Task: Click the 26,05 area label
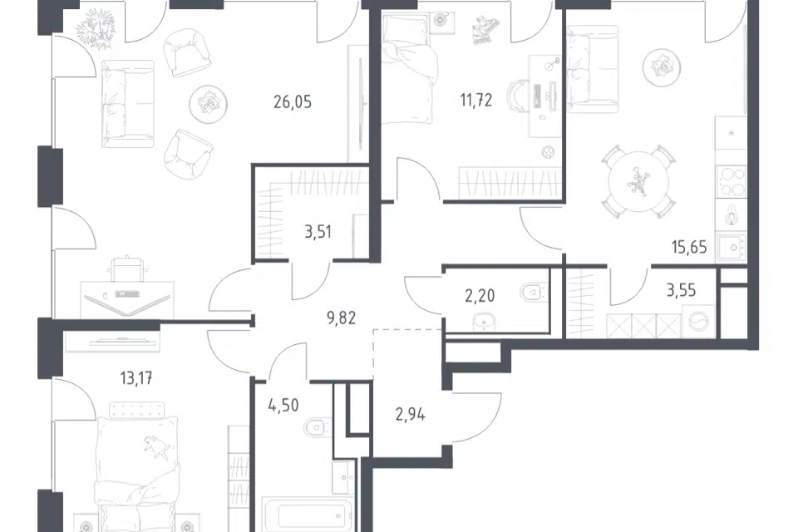[292, 102]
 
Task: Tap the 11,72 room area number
[475, 101]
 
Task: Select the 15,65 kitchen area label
[689, 248]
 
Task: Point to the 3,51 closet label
[318, 232]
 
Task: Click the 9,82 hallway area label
[341, 318]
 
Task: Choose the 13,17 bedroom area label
[136, 378]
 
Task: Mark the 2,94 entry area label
[410, 415]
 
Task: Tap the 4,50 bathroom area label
[283, 406]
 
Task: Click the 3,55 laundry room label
[681, 291]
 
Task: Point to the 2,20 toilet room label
[480, 295]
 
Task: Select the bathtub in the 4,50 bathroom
[307, 515]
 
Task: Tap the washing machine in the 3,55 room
[697, 323]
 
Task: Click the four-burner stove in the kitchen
[731, 182]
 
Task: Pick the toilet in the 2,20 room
[532, 293]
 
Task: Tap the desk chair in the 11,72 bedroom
[516, 96]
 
